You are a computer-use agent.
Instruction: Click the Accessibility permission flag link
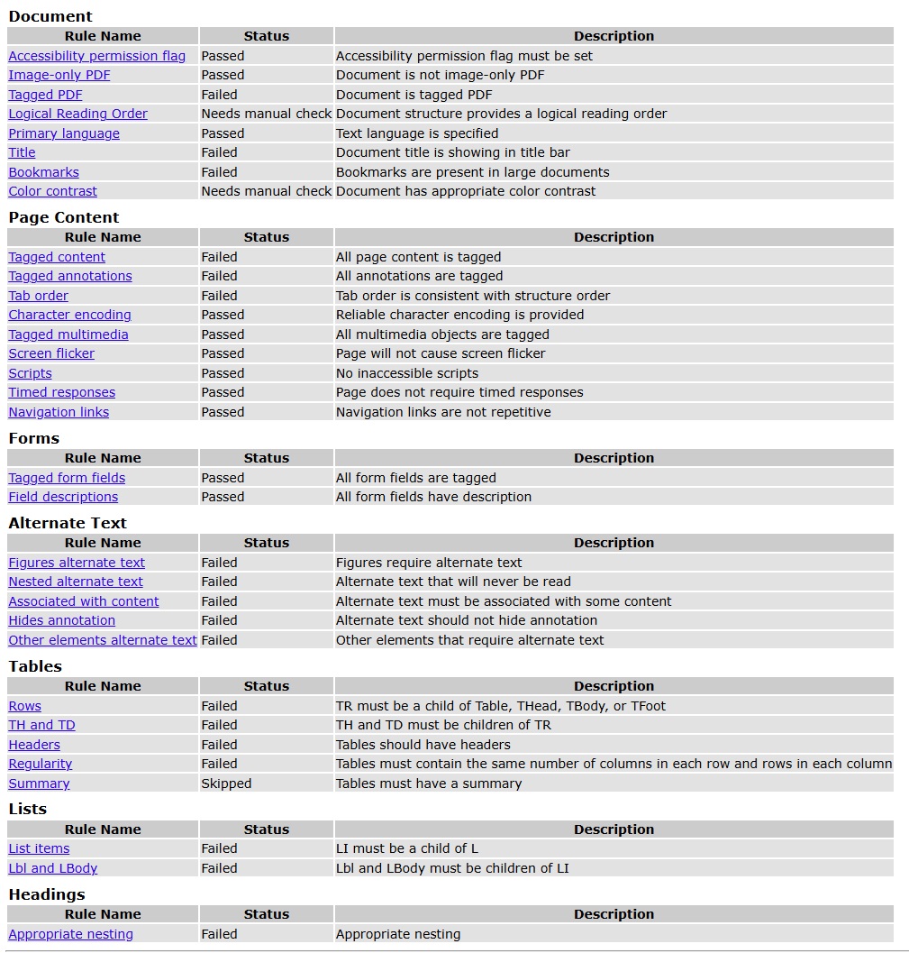[96, 56]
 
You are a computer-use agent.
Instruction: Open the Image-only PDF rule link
[59, 75]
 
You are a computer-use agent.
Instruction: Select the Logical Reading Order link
[77, 114]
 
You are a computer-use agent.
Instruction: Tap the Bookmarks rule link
[44, 172]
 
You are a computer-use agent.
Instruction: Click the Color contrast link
[53, 191]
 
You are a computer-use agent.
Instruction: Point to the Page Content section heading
[64, 217]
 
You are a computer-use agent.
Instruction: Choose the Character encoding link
[69, 315]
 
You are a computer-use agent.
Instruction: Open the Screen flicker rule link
[51, 353]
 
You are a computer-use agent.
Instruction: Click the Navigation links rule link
[59, 412]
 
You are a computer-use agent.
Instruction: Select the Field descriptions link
[63, 497]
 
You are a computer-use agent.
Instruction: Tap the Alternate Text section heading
[68, 523]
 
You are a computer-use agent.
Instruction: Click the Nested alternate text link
[76, 582]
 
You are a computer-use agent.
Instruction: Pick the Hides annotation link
[62, 620]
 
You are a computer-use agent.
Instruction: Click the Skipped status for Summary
[226, 783]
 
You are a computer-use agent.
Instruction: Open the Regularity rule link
[41, 764]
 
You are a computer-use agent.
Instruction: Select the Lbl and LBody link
[53, 868]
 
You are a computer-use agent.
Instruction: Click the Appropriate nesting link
[71, 934]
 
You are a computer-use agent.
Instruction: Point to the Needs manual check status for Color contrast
[267, 191]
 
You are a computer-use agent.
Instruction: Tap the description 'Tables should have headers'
[423, 745]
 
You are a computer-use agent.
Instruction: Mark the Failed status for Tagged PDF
[220, 95]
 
